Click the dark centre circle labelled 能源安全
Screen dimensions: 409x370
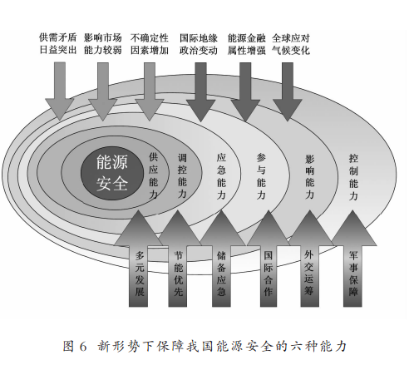(112, 173)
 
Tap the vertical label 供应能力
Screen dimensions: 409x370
(153, 175)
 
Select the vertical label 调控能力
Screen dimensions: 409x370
(182, 175)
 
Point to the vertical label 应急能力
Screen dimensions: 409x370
(221, 176)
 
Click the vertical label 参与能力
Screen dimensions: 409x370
(261, 176)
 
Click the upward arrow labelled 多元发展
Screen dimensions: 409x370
(139, 259)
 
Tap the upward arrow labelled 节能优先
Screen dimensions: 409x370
(178, 259)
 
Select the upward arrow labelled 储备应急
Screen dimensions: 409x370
(221, 259)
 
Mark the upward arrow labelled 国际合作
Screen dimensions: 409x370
(269, 259)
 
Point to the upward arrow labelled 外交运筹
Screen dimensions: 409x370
(309, 259)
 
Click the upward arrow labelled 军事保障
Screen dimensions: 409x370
(352, 259)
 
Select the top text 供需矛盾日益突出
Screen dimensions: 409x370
(57, 44)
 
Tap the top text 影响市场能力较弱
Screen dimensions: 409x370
(103, 44)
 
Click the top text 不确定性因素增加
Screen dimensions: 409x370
(150, 44)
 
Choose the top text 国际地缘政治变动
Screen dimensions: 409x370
(199, 44)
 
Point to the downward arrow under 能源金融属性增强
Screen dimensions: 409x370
(245, 91)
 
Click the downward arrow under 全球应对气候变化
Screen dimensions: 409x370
(288, 91)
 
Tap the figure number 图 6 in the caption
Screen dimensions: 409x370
(75, 347)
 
